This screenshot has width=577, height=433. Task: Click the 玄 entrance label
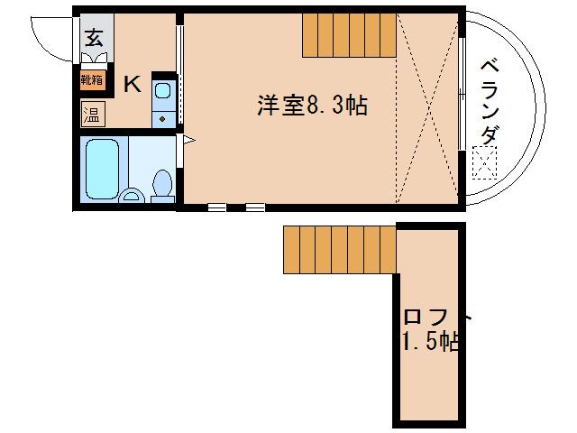click(94, 37)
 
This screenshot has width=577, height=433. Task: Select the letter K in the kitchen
click(132, 86)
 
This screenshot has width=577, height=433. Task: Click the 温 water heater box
click(92, 115)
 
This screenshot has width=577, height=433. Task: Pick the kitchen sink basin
click(163, 88)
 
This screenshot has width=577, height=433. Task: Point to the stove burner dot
click(163, 117)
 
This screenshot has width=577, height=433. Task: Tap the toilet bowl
click(163, 184)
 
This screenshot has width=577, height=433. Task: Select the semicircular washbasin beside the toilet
click(132, 196)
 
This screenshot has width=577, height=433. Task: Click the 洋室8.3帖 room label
click(311, 106)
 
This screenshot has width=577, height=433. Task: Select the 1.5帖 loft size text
click(431, 342)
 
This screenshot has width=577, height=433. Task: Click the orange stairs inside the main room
click(349, 36)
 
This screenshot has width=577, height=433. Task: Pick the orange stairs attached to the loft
click(340, 249)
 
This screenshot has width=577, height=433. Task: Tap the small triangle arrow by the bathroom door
click(188, 140)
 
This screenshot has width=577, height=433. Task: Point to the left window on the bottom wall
click(216, 207)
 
